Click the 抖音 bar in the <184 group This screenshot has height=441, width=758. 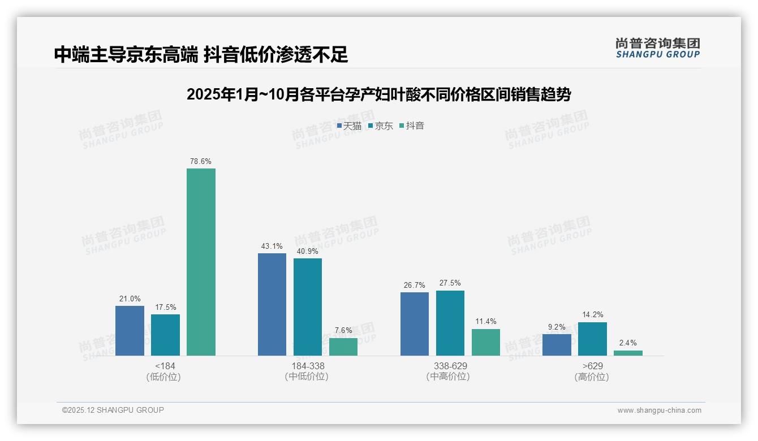point(201,262)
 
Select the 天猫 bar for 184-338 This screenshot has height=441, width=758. point(272,304)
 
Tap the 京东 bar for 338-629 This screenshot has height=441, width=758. point(450,323)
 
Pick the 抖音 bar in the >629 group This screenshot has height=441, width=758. point(628,353)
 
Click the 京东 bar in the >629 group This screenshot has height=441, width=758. point(592,339)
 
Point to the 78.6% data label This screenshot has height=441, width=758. point(201,162)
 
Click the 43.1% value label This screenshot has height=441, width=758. point(272,247)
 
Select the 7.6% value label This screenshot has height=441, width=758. point(343,331)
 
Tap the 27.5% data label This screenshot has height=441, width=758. point(450,283)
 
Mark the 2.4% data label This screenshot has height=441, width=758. point(628,343)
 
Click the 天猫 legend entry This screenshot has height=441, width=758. point(349,126)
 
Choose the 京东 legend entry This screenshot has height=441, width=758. point(381,126)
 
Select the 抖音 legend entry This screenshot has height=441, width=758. point(412,126)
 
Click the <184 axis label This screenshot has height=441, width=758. point(165,366)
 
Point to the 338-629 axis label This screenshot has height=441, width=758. point(450,366)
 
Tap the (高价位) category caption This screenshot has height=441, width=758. point(592,377)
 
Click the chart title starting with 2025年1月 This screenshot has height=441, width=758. point(378,95)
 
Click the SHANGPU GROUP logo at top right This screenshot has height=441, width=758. point(658,48)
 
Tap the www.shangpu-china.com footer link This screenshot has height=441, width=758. point(659,410)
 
